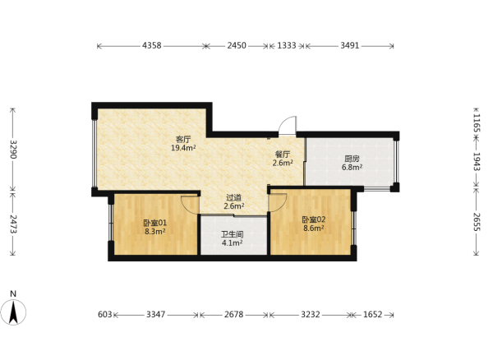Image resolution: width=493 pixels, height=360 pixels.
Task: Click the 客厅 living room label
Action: coord(183,139)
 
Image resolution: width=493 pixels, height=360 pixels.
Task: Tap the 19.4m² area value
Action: coord(183,148)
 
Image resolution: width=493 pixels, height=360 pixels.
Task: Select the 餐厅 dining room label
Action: coord(283,155)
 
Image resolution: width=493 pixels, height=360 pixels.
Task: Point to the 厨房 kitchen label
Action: coord(352,159)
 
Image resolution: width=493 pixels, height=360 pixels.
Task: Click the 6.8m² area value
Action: coord(352,168)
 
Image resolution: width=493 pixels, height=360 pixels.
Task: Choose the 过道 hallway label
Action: coord(234,198)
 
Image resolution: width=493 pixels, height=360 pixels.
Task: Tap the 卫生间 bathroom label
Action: coord(233,234)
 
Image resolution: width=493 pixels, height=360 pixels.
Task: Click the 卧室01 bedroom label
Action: coord(155,224)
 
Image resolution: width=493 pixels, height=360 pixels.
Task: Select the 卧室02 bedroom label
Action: coord(314,219)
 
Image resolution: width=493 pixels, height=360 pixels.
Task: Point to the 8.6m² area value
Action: coord(314,228)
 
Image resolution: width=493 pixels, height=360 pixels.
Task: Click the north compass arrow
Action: coord(13,312)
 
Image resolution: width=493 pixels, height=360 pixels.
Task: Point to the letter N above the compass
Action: coord(13,294)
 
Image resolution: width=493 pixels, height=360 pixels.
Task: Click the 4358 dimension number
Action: coord(151,45)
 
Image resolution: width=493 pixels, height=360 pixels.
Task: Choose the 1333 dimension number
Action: coord(287,45)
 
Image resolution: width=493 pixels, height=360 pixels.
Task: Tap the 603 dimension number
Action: coord(104,315)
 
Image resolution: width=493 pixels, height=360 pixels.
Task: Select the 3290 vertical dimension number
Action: coord(13,150)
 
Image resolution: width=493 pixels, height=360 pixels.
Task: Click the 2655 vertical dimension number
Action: coord(477,222)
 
